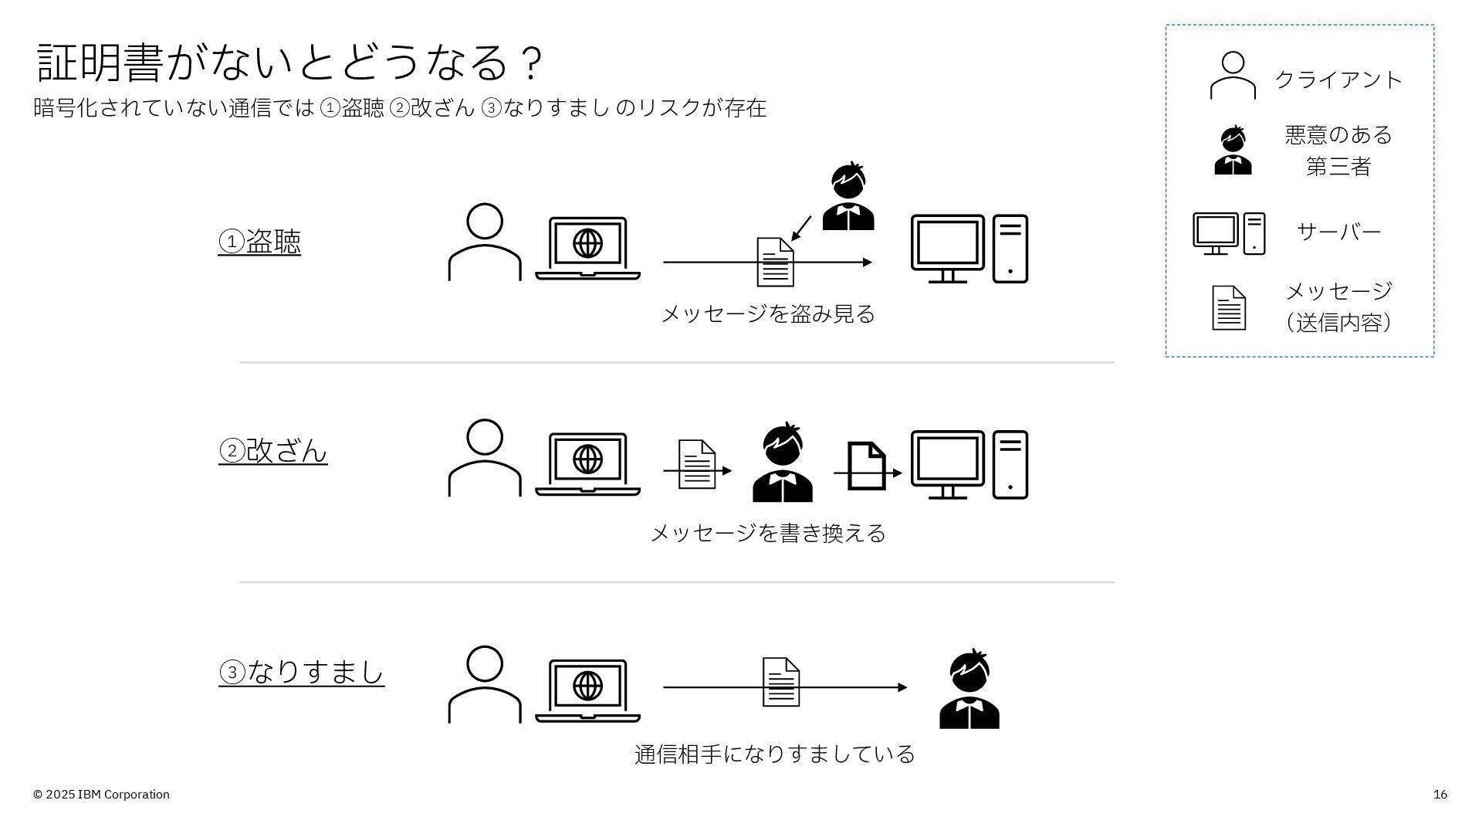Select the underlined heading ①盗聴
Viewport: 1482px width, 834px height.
tap(259, 242)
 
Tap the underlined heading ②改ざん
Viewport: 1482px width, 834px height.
tap(273, 451)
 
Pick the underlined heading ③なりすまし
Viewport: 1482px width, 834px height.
tap(302, 672)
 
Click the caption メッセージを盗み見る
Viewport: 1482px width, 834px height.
tap(768, 314)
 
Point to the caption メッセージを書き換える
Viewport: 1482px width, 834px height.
tap(768, 534)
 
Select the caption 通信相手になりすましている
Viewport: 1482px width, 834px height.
tap(774, 754)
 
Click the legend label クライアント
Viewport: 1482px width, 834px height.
tap(1338, 80)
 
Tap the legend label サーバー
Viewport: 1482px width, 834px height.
tap(1338, 232)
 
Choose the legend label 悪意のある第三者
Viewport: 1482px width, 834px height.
tap(1338, 151)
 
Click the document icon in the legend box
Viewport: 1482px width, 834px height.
tap(1229, 308)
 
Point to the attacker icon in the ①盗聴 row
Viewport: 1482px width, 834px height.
tap(848, 197)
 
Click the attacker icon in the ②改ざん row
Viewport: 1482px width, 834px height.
tap(783, 463)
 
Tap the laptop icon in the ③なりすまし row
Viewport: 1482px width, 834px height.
tap(588, 690)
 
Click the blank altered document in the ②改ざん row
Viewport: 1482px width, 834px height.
tap(867, 466)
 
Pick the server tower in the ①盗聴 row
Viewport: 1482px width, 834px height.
tap(1010, 249)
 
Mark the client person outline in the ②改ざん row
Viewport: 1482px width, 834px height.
tap(485, 459)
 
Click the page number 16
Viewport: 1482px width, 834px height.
tap(1440, 795)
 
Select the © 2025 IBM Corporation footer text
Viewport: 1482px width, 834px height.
tap(101, 795)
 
